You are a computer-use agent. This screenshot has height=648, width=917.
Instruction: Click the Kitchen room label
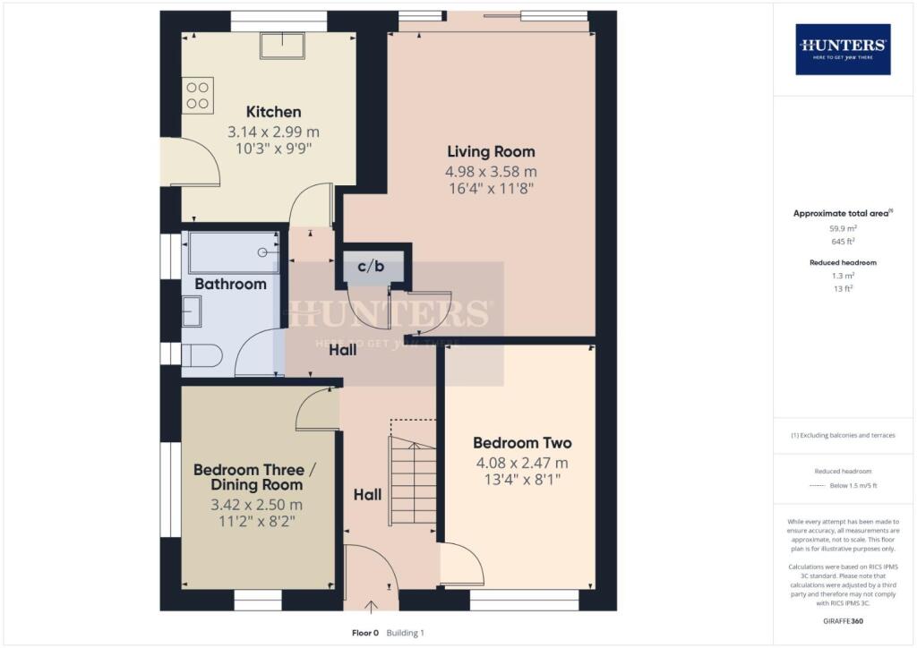pos(273,112)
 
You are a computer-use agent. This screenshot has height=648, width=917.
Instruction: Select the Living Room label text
pos(491,151)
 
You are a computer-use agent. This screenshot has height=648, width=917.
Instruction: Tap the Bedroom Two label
pos(522,443)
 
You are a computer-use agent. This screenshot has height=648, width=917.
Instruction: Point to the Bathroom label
pos(231,284)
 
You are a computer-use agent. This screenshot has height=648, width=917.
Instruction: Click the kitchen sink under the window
pos(282,46)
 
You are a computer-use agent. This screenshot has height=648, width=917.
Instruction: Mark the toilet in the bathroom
pos(203,356)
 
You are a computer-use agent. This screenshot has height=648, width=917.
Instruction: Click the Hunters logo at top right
pos(843,48)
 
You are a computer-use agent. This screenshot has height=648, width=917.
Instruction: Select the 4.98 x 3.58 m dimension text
pos(491,171)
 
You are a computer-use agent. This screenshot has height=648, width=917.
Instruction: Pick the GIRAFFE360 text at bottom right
pos(843,620)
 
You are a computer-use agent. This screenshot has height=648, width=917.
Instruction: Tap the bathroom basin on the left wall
pos(192,311)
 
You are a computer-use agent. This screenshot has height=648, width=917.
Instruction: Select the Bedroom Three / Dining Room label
pos(248,478)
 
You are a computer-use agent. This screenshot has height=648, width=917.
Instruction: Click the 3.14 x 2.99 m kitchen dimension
pos(273,132)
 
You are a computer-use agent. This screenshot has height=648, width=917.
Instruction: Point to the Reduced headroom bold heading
pos(843,263)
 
